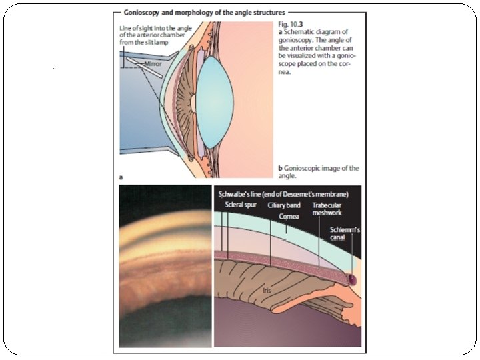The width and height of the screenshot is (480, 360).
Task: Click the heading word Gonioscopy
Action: (x=145, y=12)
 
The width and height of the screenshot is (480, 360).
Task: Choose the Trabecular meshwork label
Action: (x=327, y=209)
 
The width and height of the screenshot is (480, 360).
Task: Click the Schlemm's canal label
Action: (x=346, y=233)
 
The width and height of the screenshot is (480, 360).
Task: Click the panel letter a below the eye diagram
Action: (x=121, y=178)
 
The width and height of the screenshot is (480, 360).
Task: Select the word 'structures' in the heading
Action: (x=267, y=12)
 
